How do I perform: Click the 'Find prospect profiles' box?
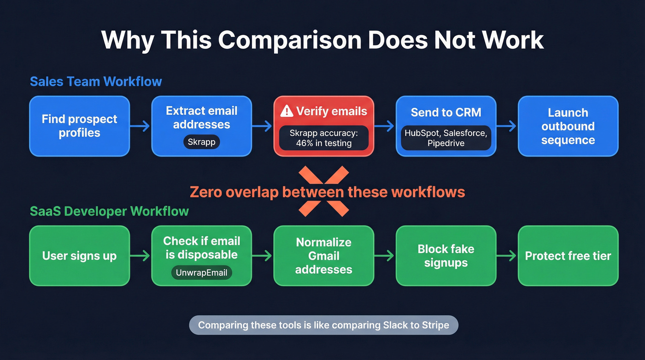tap(79, 126)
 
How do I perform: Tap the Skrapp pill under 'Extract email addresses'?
tap(201, 142)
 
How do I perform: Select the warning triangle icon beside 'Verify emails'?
tap(287, 111)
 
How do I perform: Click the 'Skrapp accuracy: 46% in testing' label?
tap(323, 138)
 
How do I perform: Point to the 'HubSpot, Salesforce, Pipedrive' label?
tap(446, 138)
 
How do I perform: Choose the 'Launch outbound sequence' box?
tap(568, 126)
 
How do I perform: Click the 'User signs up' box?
tap(79, 256)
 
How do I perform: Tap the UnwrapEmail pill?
tap(201, 272)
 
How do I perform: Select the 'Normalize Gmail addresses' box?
tap(323, 256)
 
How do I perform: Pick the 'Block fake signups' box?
tap(446, 256)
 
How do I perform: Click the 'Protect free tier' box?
tap(568, 256)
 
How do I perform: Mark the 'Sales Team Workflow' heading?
tap(96, 82)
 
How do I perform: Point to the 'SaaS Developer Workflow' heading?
tap(109, 211)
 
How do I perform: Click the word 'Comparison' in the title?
tap(289, 40)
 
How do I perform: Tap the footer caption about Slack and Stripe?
tap(323, 325)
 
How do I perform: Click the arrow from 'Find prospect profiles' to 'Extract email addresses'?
tap(141, 126)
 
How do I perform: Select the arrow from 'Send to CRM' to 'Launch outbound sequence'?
tap(507, 126)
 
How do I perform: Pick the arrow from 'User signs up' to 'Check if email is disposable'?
tap(141, 256)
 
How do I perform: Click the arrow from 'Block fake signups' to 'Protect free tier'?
tap(507, 256)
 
